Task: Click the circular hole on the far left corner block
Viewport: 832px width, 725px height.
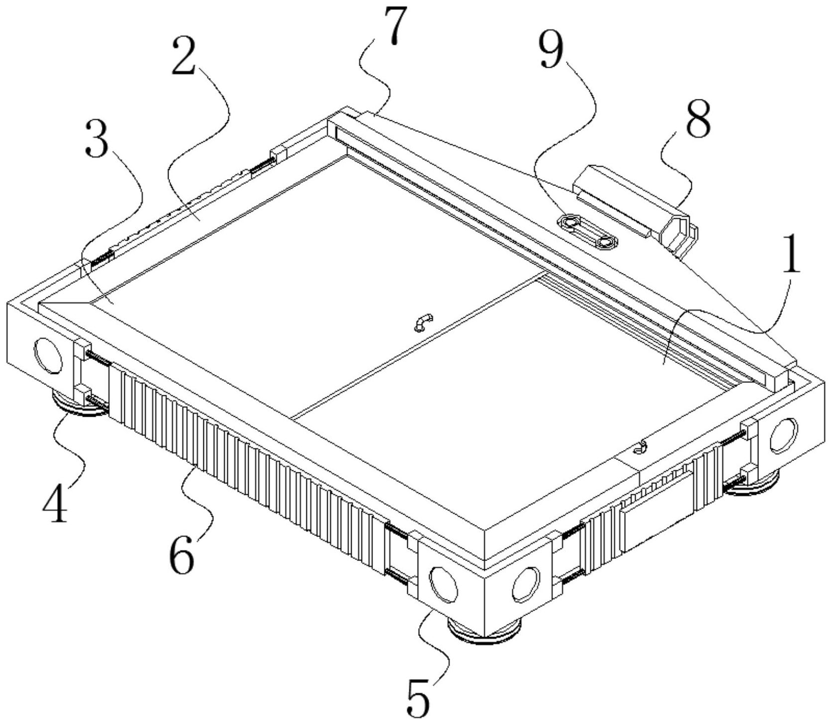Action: tap(48, 356)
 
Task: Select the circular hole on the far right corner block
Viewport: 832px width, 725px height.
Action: tap(783, 435)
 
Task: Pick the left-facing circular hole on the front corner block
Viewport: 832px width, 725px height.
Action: tap(444, 582)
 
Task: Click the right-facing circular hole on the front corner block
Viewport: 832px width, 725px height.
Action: tap(526, 583)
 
